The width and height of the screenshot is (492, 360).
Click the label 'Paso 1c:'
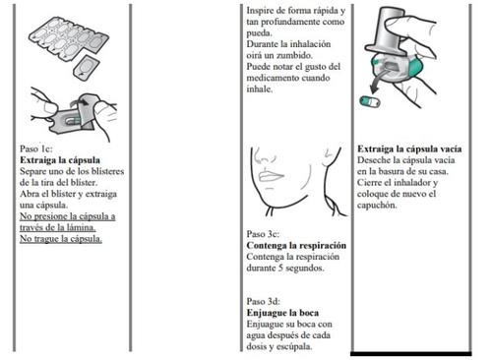click(x=36, y=149)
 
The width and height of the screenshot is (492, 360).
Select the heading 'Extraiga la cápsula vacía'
click(x=409, y=149)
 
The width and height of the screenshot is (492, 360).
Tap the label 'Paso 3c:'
click(x=263, y=234)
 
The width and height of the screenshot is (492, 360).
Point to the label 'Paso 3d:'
click(x=264, y=301)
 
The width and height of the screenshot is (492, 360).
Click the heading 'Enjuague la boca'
click(x=282, y=313)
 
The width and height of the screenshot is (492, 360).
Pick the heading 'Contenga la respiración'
click(x=296, y=245)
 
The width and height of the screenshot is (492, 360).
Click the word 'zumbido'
click(x=294, y=55)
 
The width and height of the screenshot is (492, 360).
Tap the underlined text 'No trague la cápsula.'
click(x=61, y=239)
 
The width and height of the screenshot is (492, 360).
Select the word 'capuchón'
click(x=377, y=205)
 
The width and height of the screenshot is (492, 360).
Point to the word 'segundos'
click(x=305, y=268)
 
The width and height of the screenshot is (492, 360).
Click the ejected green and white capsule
click(x=370, y=101)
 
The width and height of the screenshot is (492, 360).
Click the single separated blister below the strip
click(x=86, y=68)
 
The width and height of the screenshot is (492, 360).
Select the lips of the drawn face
click(x=270, y=175)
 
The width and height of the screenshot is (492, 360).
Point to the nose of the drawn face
click(x=262, y=156)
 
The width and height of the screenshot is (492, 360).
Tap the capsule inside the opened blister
click(x=73, y=120)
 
